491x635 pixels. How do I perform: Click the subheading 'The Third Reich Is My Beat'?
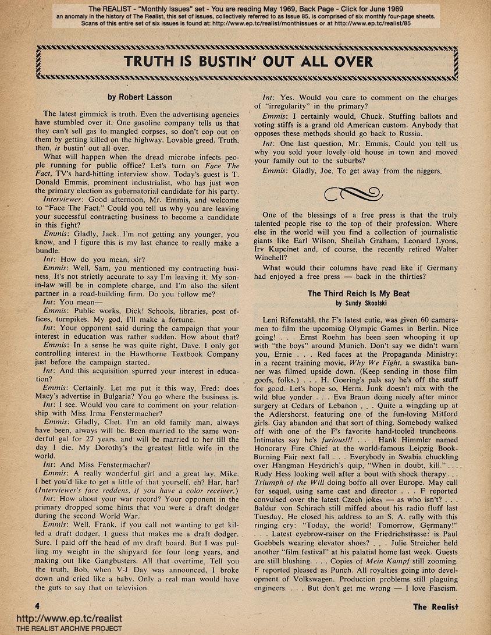[358, 294]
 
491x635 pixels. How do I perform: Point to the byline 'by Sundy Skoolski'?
[358, 303]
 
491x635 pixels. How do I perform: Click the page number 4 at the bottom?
[37, 606]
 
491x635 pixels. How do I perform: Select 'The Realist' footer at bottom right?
[435, 606]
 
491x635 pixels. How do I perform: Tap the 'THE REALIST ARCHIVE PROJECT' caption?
[61, 629]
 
